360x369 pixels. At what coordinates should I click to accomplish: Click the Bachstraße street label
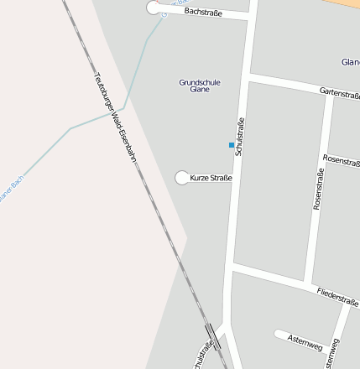pos(202,13)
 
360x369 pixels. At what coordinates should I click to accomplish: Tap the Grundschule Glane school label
pos(200,86)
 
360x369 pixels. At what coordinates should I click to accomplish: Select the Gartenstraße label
pos(339,93)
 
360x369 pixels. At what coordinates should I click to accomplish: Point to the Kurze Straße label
pos(211,178)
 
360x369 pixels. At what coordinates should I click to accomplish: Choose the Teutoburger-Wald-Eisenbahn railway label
pos(114,116)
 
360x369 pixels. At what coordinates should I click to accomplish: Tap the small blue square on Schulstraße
pos(232,145)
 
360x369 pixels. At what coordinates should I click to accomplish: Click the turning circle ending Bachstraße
pos(154,8)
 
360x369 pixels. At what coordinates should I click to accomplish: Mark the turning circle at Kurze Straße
pos(181,177)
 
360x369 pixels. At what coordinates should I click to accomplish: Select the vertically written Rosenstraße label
pos(319,188)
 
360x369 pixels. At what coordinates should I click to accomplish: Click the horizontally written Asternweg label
pos(304,342)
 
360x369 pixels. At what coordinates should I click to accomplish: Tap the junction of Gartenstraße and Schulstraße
pos(249,76)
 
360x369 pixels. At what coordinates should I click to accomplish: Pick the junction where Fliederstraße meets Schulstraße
pos(232,266)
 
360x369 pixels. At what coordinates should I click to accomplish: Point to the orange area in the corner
pos(351,3)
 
